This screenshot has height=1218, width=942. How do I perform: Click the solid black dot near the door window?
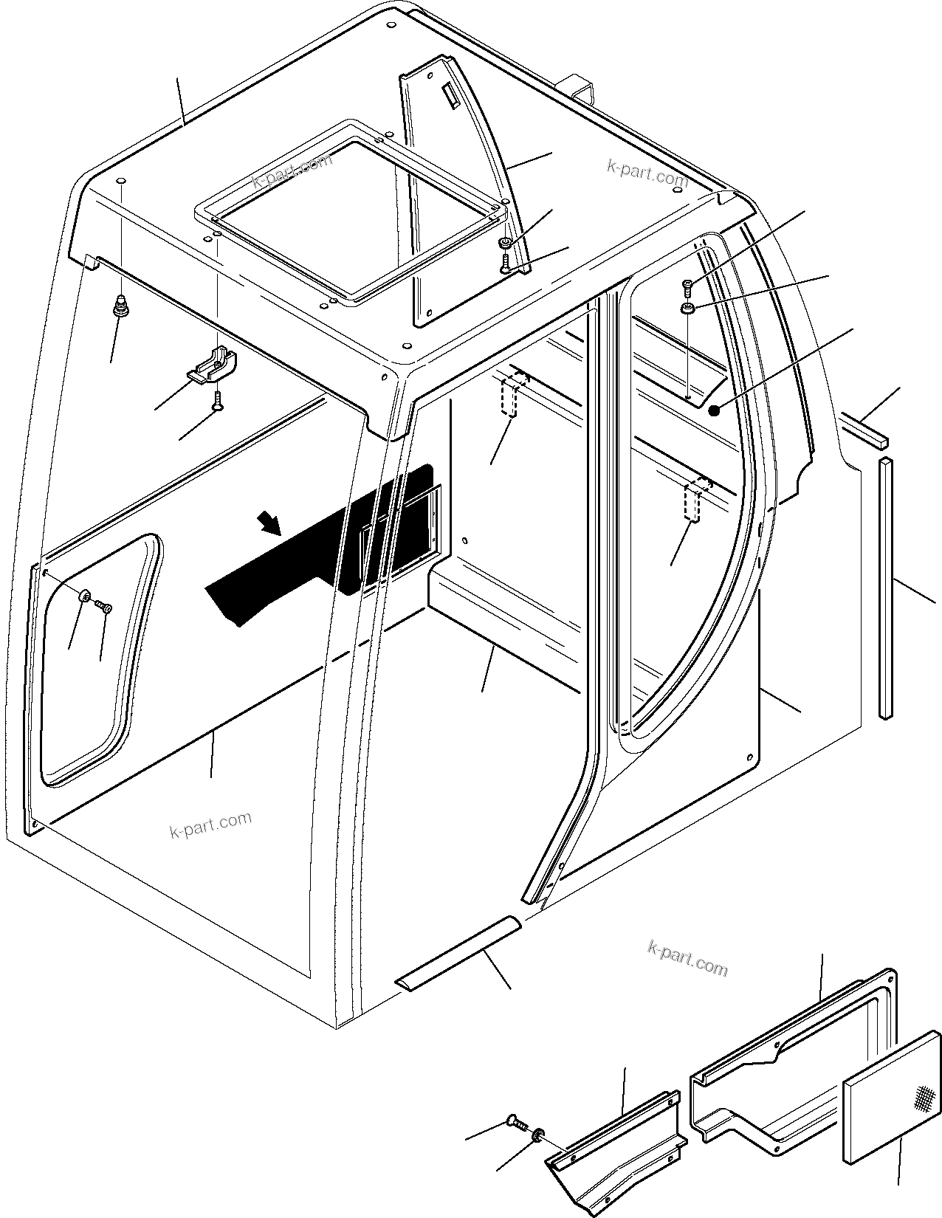pyautogui.click(x=714, y=410)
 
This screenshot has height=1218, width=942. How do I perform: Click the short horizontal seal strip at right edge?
pyautogui.click(x=865, y=432)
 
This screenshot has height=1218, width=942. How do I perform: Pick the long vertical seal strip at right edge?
pyautogui.click(x=885, y=587)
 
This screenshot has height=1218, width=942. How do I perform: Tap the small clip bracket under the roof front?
pyautogui.click(x=213, y=367)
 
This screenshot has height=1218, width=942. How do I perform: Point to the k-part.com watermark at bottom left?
pyautogui.click(x=210, y=825)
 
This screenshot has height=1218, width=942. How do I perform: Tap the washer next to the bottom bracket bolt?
pyautogui.click(x=538, y=1134)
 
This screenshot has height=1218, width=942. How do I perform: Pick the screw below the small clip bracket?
pyautogui.click(x=217, y=401)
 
